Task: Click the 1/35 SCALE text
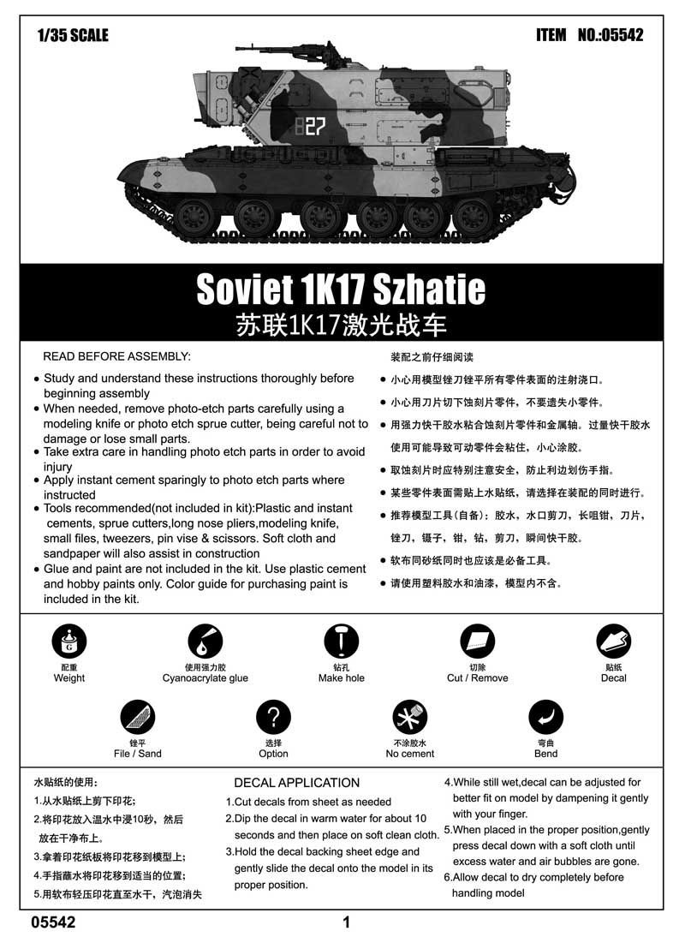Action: click(73, 35)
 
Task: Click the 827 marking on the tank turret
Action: click(309, 127)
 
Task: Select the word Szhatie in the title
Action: click(426, 290)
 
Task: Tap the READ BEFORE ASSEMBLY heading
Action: click(116, 356)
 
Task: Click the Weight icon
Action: click(69, 641)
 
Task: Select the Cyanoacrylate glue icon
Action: click(205, 641)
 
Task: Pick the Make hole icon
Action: click(342, 641)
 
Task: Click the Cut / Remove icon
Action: click(477, 641)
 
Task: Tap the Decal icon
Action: click(613, 641)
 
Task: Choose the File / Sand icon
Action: click(137, 717)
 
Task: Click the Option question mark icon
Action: click(273, 717)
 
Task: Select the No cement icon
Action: click(409, 717)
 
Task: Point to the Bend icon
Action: click(545, 717)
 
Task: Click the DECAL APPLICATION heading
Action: click(296, 782)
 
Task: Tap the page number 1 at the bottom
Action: click(346, 922)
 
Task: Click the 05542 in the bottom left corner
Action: click(53, 922)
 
